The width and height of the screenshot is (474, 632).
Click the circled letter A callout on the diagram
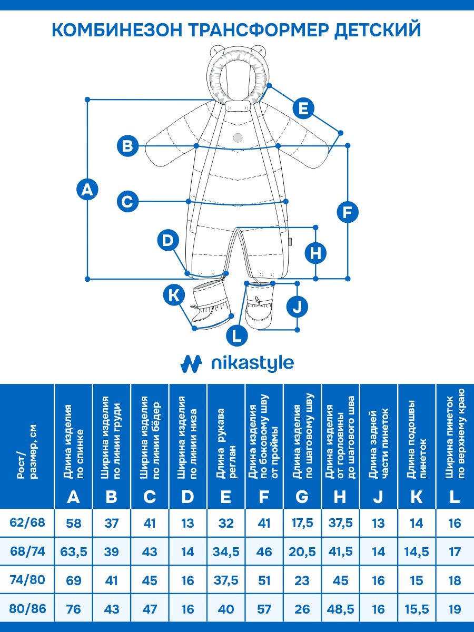tap(87, 190)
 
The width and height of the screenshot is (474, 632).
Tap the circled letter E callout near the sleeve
tap(303, 109)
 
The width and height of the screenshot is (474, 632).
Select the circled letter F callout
tap(347, 213)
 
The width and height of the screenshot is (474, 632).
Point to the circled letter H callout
tap(315, 253)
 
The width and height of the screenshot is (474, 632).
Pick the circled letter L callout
tap(237, 335)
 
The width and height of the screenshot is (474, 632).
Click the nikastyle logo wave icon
tap(192, 363)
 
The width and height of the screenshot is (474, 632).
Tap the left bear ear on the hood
tap(216, 52)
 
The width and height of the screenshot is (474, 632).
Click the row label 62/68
tap(28, 523)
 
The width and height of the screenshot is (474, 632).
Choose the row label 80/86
tap(28, 609)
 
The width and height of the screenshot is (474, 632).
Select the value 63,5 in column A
tap(74, 552)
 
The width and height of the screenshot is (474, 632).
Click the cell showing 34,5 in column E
tap(226, 552)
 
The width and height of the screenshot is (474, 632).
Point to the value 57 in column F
tap(264, 609)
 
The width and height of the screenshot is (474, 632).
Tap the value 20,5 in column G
tap(302, 552)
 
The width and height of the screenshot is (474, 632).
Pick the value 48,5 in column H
tap(340, 609)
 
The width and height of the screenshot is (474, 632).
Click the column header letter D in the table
tap(188, 496)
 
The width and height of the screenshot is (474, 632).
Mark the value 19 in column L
tap(455, 609)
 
